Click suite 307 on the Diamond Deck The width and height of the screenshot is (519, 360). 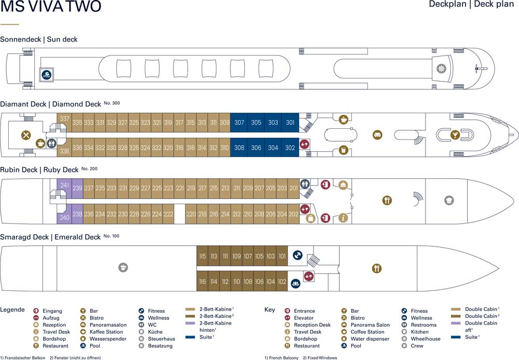(239, 123)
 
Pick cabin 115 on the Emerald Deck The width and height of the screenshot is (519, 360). (202, 256)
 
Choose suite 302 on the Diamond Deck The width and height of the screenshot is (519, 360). (290, 148)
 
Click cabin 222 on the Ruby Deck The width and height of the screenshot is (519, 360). (168, 214)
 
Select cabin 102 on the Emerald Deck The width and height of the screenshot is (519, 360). (282, 282)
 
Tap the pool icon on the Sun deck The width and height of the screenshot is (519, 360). (47, 74)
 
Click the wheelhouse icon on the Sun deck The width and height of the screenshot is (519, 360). (441, 69)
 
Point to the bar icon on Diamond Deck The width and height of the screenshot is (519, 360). (455, 135)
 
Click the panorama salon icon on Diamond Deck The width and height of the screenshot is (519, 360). (378, 135)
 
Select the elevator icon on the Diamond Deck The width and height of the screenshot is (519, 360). (304, 144)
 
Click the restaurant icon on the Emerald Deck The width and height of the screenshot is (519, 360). (377, 268)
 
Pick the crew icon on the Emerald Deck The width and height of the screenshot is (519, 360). (123, 267)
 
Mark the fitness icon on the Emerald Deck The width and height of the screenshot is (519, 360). (297, 255)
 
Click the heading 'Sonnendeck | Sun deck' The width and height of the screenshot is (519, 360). (39, 39)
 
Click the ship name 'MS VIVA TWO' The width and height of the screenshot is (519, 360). (51, 6)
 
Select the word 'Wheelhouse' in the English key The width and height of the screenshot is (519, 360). (426, 339)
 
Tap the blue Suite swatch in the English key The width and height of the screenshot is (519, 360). (456, 337)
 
